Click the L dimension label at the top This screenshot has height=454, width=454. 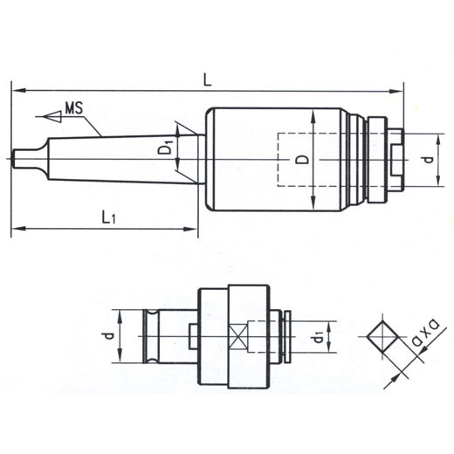(x=207, y=79)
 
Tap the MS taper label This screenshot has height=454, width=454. (x=74, y=107)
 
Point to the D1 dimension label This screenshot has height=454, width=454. (x=165, y=147)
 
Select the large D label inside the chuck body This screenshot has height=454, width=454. (x=303, y=160)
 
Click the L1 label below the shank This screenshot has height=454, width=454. (x=108, y=217)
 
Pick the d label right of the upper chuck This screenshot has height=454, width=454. (x=428, y=160)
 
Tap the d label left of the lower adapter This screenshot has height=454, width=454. (x=109, y=336)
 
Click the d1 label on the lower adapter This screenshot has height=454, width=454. (x=318, y=338)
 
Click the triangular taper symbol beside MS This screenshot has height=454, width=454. (x=52, y=116)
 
